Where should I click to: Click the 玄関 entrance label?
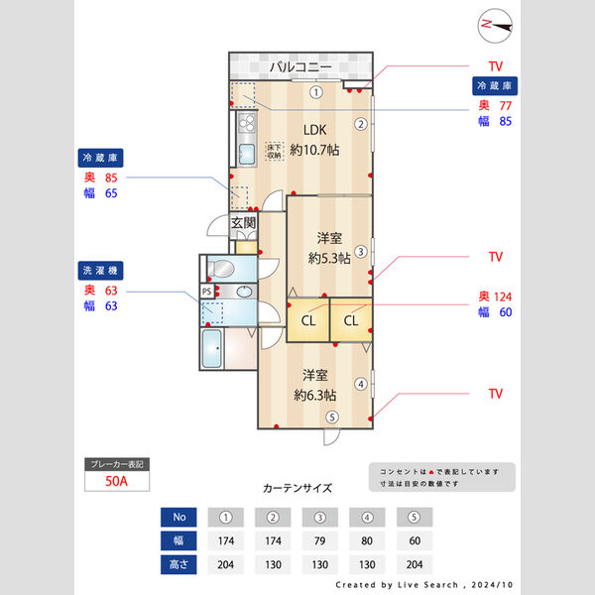tap(244, 223)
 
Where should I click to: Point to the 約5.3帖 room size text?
tap(329, 258)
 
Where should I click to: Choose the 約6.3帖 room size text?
tap(316, 394)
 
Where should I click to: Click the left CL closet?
tap(308, 320)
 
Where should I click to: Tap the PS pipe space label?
tap(206, 291)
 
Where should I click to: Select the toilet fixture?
tap(219, 268)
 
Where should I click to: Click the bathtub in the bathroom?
tap(211, 348)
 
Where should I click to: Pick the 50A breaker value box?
tap(118, 481)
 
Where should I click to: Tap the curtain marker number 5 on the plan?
tap(332, 416)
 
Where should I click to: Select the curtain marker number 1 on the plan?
tap(314, 92)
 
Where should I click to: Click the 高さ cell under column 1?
tap(227, 565)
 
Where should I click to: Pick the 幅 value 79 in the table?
tap(321, 541)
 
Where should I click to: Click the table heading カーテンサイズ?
tap(297, 488)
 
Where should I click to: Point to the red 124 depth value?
tap(506, 297)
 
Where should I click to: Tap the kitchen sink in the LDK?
tap(245, 154)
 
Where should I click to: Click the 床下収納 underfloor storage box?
tap(274, 151)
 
